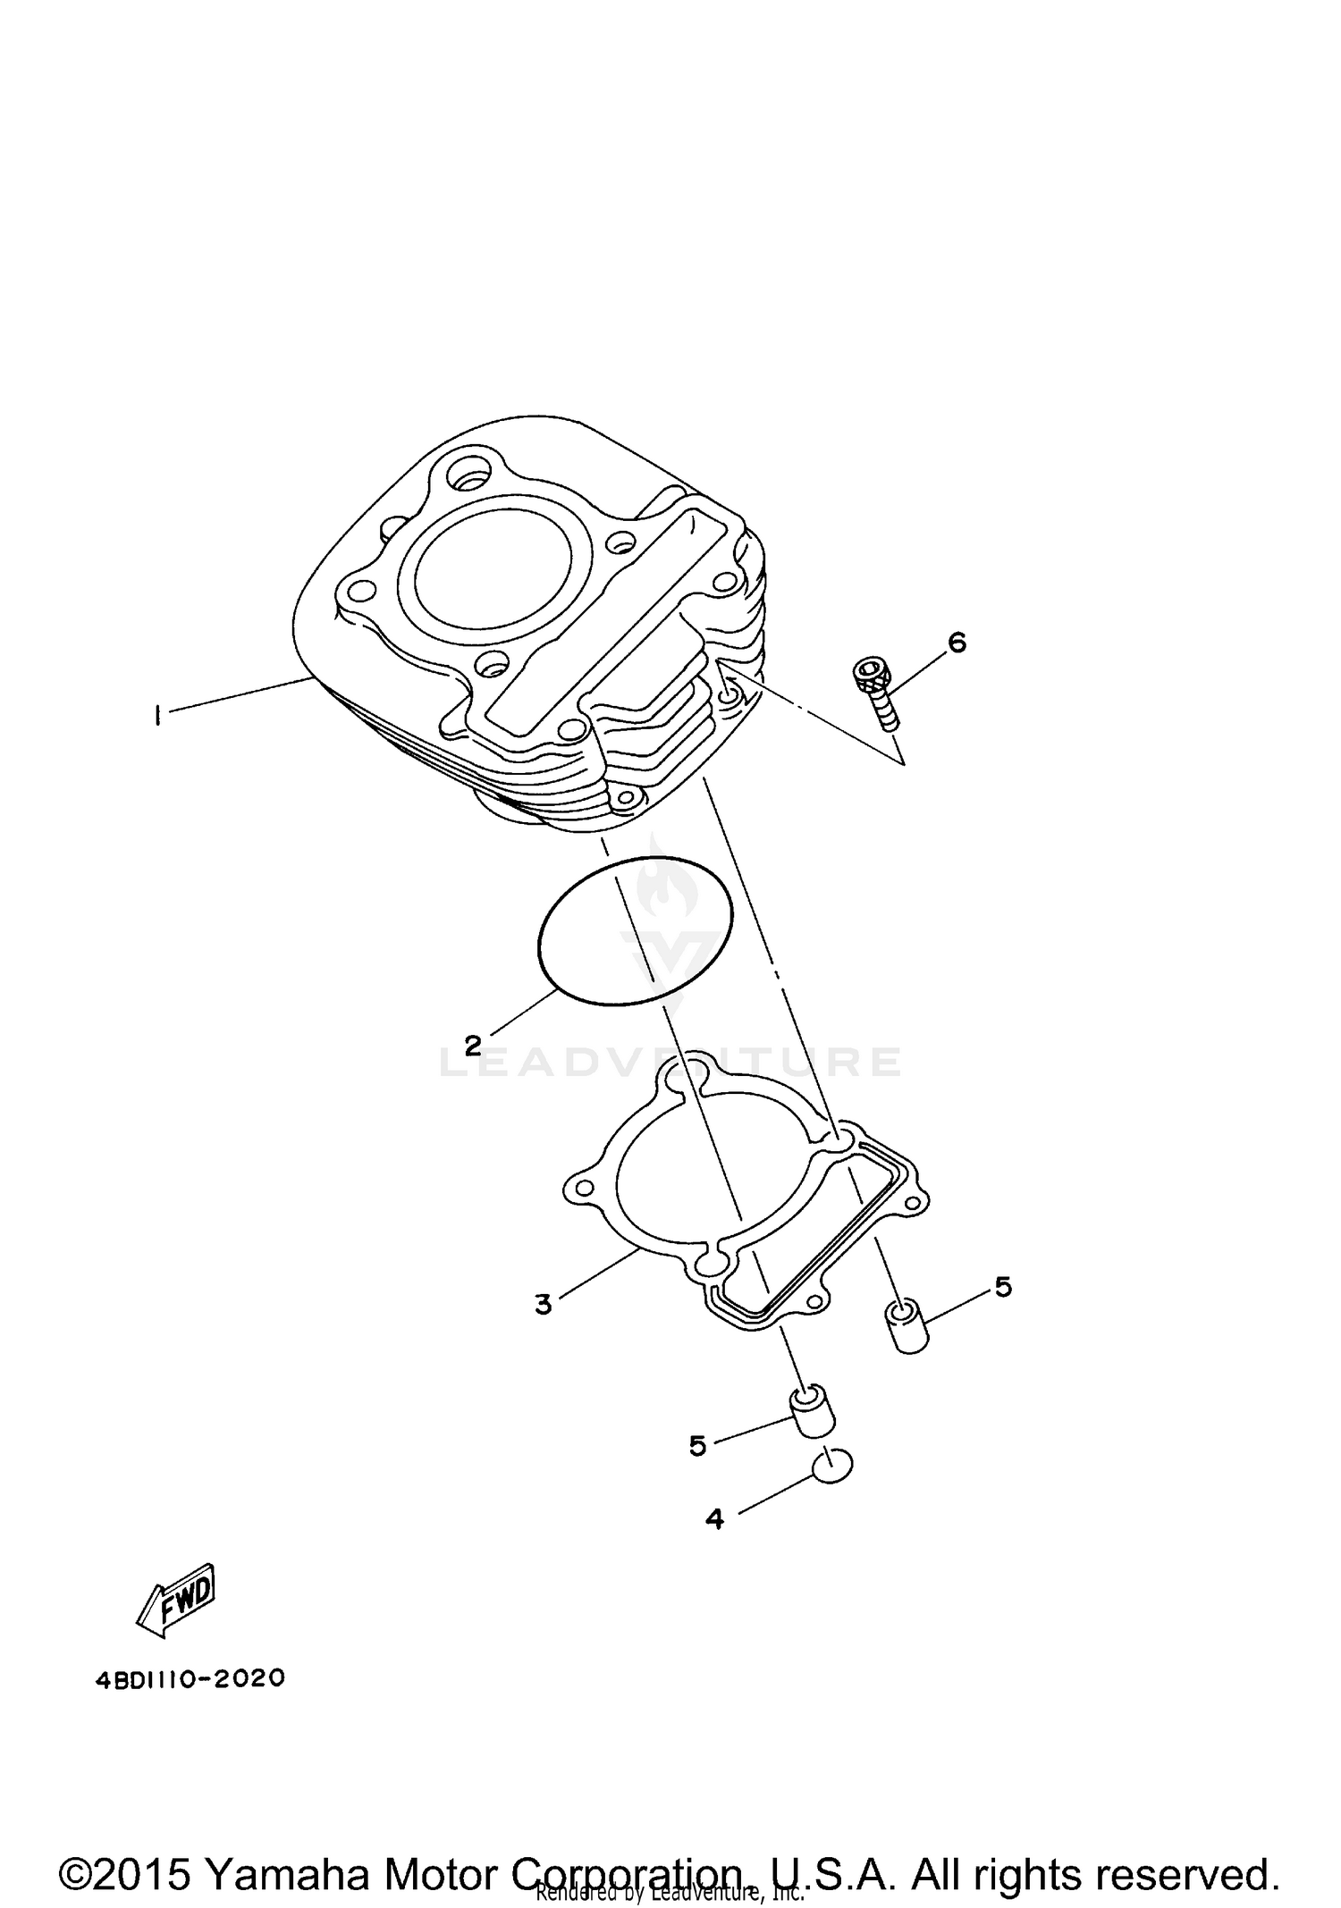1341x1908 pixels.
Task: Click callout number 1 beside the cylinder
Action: pos(157,716)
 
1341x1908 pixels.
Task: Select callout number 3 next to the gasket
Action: pos(544,1305)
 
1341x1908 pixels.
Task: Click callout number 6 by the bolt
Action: pos(957,643)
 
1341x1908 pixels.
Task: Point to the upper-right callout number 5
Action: pos(1003,1288)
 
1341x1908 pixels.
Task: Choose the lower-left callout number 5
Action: pos(697,1445)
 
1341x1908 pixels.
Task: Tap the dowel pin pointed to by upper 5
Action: pos(907,1328)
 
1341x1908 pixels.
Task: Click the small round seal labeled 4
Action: pos(832,1466)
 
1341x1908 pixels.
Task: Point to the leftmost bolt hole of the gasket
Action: pos(583,1189)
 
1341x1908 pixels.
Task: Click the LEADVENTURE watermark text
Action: pos(670,1062)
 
